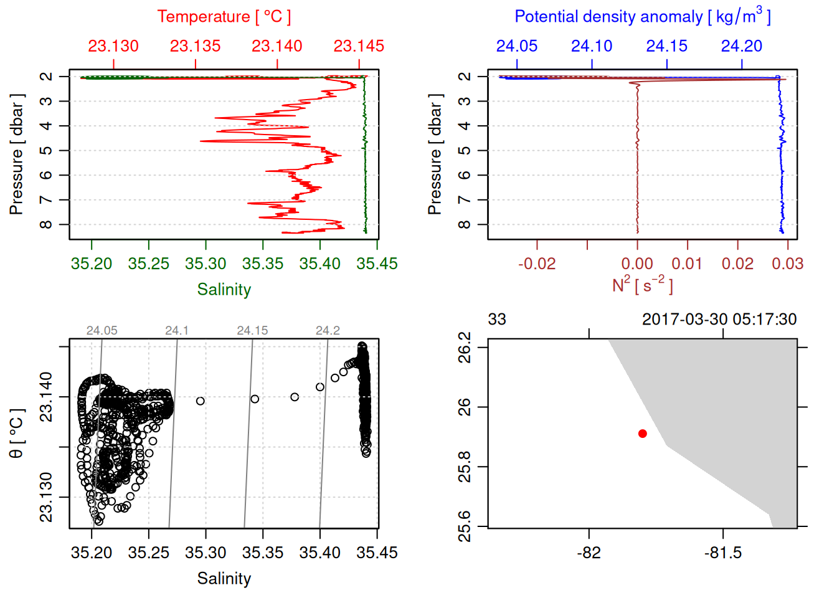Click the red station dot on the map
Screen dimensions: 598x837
click(x=642, y=434)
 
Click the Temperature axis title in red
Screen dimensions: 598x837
click(x=224, y=17)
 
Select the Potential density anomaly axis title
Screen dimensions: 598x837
click(x=642, y=17)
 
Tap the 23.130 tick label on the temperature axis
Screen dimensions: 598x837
click(x=113, y=46)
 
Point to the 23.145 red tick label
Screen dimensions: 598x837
click(x=359, y=46)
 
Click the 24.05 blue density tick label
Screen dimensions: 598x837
click(x=517, y=46)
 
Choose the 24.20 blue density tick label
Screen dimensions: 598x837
click(x=742, y=46)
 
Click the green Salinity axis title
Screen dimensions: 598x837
click(x=224, y=290)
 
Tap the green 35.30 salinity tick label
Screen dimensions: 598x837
click(x=206, y=263)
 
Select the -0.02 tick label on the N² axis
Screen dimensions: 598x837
click(x=537, y=263)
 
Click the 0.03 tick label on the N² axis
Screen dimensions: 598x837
click(x=787, y=263)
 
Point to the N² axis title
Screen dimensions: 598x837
click(x=642, y=285)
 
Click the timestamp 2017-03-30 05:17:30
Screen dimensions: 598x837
click(x=719, y=320)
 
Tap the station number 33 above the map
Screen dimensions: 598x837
click(x=497, y=320)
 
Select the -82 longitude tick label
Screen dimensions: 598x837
click(x=589, y=553)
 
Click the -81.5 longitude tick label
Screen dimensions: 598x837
click(x=723, y=553)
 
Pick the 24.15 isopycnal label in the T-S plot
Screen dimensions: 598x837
click(x=252, y=331)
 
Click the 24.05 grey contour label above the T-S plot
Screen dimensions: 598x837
click(x=102, y=331)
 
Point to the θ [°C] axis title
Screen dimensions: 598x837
click(x=17, y=434)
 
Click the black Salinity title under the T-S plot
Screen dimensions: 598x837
click(x=224, y=579)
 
